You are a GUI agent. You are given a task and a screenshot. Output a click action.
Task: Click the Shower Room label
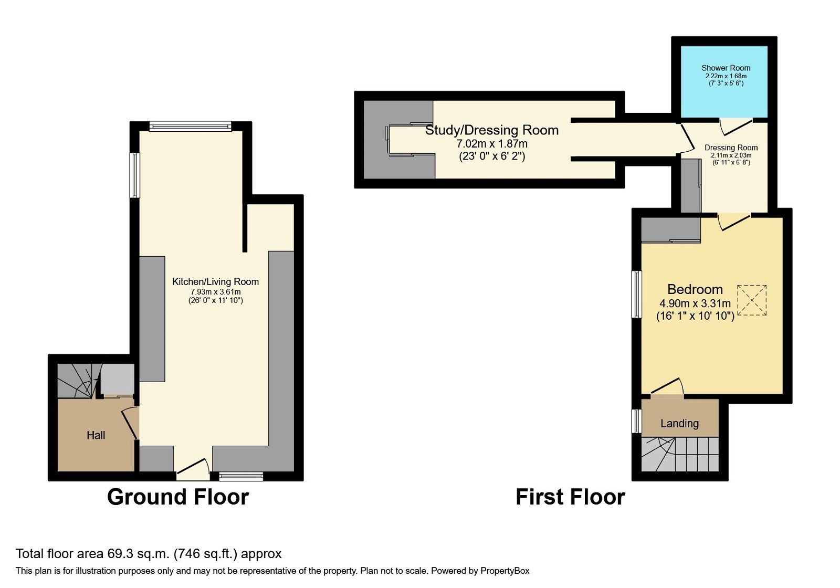[726, 68]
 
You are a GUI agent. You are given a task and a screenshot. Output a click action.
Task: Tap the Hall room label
[96, 435]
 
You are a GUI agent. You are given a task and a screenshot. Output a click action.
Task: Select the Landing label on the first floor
[679, 424]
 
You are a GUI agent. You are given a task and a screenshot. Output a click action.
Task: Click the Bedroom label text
[695, 289]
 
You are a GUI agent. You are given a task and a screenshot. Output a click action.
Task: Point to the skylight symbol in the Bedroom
[752, 300]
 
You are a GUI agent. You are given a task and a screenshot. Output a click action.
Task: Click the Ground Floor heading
[177, 497]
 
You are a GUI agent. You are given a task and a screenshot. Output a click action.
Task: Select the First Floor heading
[570, 497]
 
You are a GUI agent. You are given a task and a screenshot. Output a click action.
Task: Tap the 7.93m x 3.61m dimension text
[215, 292]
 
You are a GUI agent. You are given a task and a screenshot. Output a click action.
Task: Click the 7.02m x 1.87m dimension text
[492, 143]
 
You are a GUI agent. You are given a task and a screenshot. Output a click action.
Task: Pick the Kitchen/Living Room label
[215, 282]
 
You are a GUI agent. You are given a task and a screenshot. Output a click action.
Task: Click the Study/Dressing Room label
[492, 130]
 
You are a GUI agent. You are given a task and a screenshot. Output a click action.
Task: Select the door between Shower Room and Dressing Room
[735, 125]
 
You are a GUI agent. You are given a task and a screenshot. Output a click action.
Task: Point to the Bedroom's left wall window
[637, 294]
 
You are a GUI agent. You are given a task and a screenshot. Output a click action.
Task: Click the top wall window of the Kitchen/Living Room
[190, 126]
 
